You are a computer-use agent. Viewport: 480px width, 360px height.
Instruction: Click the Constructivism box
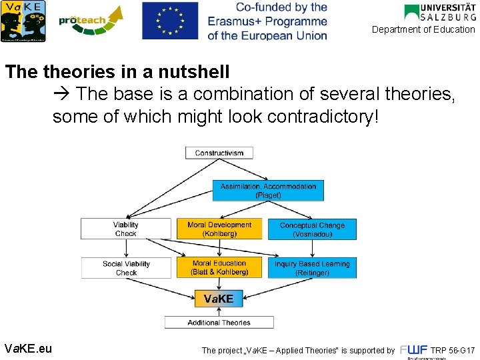pos(219,153)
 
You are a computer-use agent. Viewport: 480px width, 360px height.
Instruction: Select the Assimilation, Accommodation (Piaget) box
pos(269,191)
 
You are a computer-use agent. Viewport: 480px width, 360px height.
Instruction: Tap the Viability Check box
pos(125,229)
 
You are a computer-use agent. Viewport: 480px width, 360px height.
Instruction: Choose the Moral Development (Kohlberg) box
pos(219,229)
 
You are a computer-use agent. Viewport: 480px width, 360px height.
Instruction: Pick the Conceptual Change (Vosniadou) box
pos(312,229)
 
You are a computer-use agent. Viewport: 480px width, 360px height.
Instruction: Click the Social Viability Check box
pos(125,268)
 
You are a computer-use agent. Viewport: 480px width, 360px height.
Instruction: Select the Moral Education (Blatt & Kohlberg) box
pos(219,268)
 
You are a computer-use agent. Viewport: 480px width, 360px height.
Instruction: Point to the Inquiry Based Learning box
pos(312,268)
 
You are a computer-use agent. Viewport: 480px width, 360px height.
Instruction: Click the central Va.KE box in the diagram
pos(219,299)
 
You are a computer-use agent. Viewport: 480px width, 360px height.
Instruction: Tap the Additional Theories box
pos(219,323)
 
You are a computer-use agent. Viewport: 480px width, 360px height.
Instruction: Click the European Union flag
pos(170,21)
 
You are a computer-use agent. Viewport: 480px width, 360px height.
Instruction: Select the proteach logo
pos(91,21)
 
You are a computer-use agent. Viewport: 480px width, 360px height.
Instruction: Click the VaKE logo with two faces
pos(25,21)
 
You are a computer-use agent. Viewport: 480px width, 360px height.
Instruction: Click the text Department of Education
pos(423,29)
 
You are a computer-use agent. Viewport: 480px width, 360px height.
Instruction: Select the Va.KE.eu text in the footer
pos(28,349)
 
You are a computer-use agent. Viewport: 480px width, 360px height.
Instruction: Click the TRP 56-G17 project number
pos(453,350)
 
